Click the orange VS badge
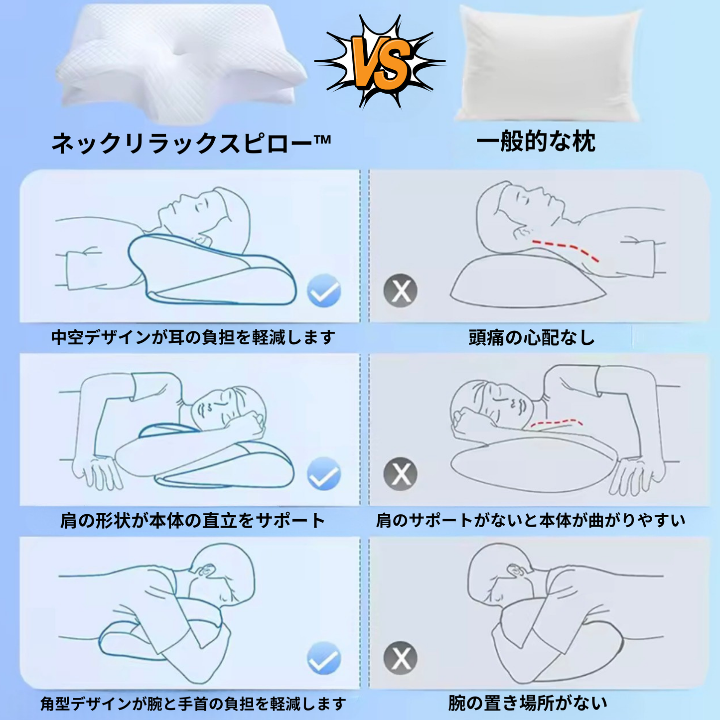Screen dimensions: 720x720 click(381, 62)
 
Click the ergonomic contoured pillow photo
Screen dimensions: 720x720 click(182, 65)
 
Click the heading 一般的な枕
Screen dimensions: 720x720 click(536, 142)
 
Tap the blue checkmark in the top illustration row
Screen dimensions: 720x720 click(324, 290)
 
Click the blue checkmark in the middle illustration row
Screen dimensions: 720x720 click(324, 473)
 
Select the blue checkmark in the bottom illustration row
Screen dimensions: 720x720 click(324, 658)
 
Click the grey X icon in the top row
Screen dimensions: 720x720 click(400, 290)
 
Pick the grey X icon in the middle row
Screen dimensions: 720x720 click(400, 473)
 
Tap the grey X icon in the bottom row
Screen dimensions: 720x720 click(400, 658)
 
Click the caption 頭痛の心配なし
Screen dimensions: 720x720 click(532, 338)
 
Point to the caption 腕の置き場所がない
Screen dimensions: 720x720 click(528, 703)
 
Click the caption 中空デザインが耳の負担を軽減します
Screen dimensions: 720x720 click(193, 337)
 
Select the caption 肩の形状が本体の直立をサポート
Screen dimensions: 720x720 click(192, 521)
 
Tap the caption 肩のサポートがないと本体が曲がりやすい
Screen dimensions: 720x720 click(531, 521)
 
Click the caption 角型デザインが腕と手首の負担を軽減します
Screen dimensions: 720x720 click(193, 704)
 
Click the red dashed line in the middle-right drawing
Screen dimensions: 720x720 click(556, 423)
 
